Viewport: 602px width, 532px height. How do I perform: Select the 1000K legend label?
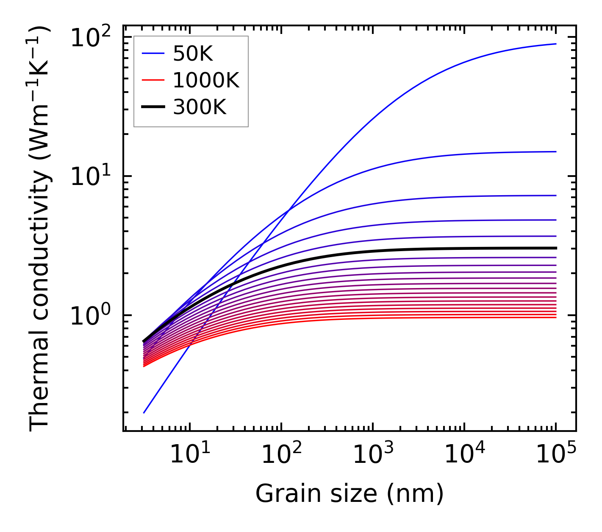pyautogui.click(x=206, y=80)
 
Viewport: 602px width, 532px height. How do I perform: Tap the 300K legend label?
pyautogui.click(x=200, y=107)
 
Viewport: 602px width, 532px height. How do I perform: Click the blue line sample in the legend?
pyautogui.click(x=153, y=53)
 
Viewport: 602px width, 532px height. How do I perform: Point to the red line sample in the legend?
pyautogui.click(x=153, y=80)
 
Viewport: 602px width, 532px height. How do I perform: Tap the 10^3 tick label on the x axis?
pyautogui.click(x=373, y=456)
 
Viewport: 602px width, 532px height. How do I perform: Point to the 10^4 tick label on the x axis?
pyautogui.click(x=464, y=456)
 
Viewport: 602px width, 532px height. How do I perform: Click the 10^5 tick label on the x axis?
pyautogui.click(x=556, y=456)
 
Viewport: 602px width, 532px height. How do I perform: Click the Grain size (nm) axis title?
pyautogui.click(x=350, y=494)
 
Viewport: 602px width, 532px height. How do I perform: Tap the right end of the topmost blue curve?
pyautogui.click(x=556, y=44)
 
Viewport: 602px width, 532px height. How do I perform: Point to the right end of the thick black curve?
pyautogui.click(x=556, y=248)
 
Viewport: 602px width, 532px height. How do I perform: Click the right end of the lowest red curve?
pyautogui.click(x=556, y=317)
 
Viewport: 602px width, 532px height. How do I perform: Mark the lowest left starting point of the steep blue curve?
pyautogui.click(x=144, y=413)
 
